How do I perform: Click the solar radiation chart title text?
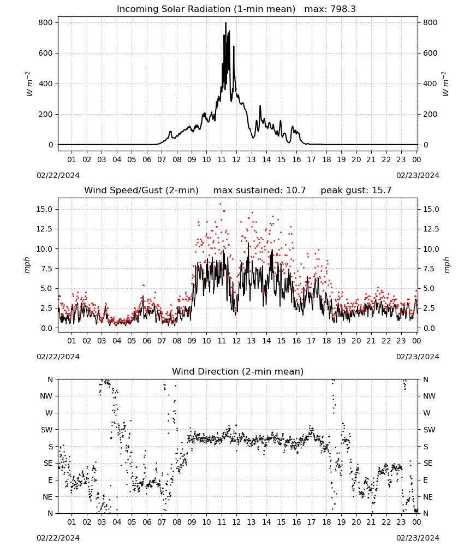click(x=206, y=9)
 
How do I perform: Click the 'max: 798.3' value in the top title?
click(x=330, y=9)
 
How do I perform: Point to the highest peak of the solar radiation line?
click(x=225, y=23)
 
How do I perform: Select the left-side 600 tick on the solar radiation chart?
click(x=46, y=53)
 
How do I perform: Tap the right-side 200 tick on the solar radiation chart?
click(x=430, y=114)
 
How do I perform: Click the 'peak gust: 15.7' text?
click(x=356, y=190)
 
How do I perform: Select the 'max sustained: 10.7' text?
click(x=259, y=190)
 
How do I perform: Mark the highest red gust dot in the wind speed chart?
click(x=221, y=204)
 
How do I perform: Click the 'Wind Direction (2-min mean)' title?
click(x=238, y=371)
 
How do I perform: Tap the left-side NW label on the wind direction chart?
click(x=46, y=396)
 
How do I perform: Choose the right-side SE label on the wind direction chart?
click(x=428, y=463)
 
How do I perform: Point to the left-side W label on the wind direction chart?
click(x=49, y=413)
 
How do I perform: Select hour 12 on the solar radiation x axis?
click(x=236, y=159)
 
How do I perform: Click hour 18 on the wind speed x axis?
click(x=326, y=341)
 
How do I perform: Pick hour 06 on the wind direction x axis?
click(x=147, y=522)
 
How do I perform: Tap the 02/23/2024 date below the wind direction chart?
click(x=418, y=538)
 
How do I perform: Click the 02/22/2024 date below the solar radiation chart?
click(x=58, y=175)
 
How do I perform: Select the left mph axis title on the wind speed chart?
click(x=27, y=265)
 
